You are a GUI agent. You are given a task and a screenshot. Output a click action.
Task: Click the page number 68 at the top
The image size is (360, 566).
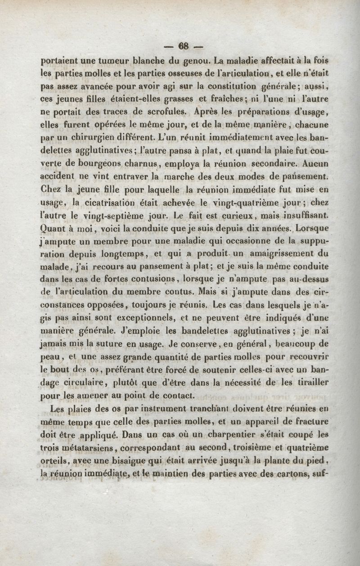tap(184, 46)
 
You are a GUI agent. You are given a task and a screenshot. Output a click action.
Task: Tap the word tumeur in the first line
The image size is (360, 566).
tap(104, 59)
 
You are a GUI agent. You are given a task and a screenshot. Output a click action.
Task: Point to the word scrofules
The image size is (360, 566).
tap(160, 110)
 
